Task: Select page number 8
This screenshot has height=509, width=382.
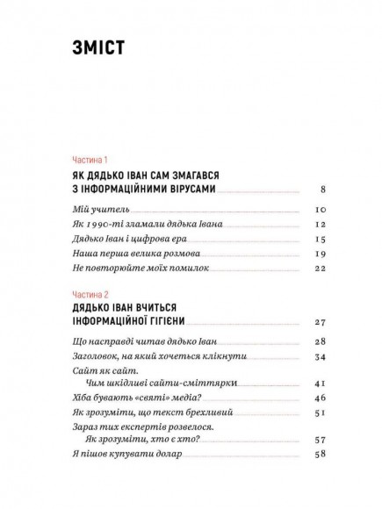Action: (323, 190)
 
